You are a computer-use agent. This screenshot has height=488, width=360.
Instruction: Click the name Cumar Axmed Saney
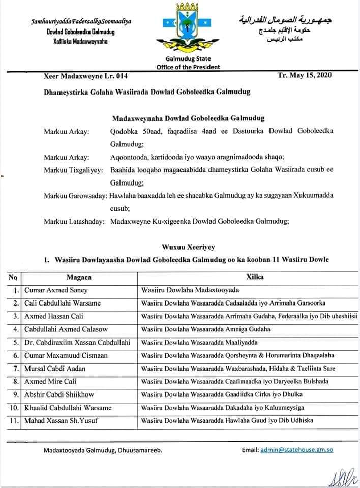coord(56,290)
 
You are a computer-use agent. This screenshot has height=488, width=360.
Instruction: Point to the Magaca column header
coord(79,278)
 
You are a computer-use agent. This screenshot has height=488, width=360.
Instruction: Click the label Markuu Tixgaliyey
coord(74,168)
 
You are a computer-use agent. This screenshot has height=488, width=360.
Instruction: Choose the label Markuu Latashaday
coord(74,221)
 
